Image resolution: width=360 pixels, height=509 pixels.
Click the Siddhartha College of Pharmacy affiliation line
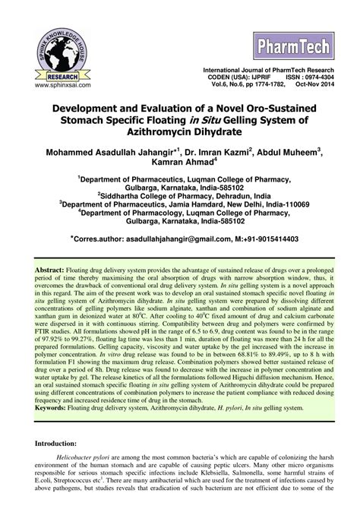(x=181, y=194)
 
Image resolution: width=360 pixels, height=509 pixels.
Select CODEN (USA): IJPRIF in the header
(x=240, y=77)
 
